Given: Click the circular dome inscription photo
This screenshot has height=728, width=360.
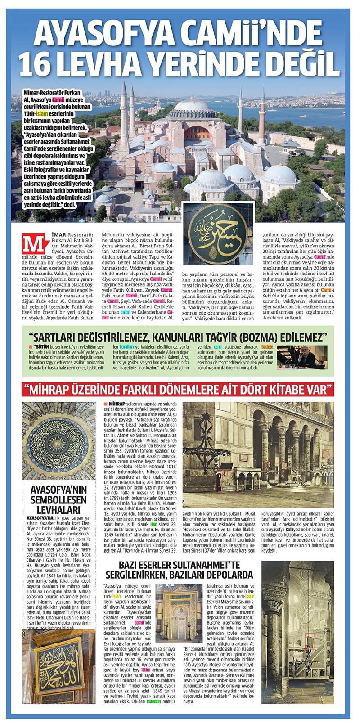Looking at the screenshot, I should (58, 441).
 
